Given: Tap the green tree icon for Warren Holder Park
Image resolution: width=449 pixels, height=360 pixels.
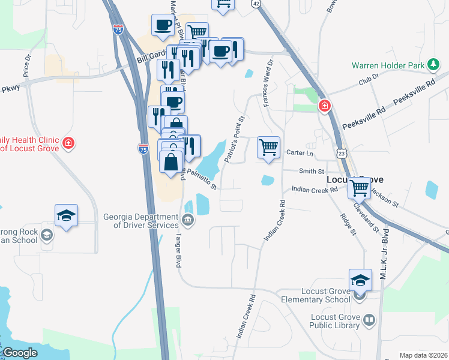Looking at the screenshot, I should click(x=432, y=64).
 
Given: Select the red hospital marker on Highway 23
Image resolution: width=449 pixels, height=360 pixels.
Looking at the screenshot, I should click(x=325, y=106).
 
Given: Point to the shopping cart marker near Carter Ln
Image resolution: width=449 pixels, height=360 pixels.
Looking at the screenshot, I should click(x=268, y=147).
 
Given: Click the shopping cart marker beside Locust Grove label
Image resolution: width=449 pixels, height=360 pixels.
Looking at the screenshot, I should click(x=360, y=188).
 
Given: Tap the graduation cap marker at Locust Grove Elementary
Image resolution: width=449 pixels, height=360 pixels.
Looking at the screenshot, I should click(x=360, y=280).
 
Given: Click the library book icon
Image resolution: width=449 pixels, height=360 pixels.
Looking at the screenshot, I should click(x=369, y=320).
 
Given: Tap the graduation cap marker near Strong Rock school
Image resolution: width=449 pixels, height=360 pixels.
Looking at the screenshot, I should click(x=66, y=215).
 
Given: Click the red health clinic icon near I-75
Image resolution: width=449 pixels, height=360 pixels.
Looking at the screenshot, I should click(x=69, y=143).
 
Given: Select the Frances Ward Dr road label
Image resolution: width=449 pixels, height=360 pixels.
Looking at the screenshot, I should click(x=268, y=83).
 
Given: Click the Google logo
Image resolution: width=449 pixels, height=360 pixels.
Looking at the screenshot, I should click(x=20, y=353).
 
